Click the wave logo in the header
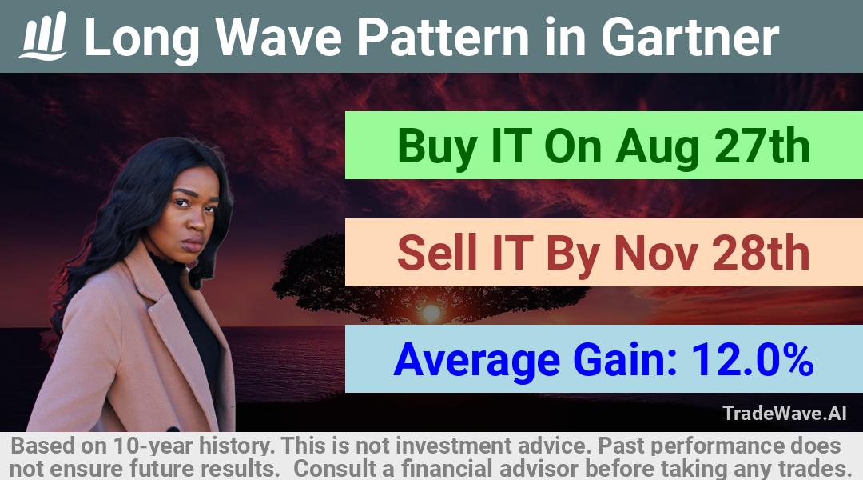click(43, 36)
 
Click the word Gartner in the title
click(690, 38)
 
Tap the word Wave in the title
click(279, 38)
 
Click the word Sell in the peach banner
click(436, 253)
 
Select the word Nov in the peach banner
click(657, 253)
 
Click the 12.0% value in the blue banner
click(752, 360)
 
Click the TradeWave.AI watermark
click(785, 414)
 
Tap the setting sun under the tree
click(431, 313)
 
